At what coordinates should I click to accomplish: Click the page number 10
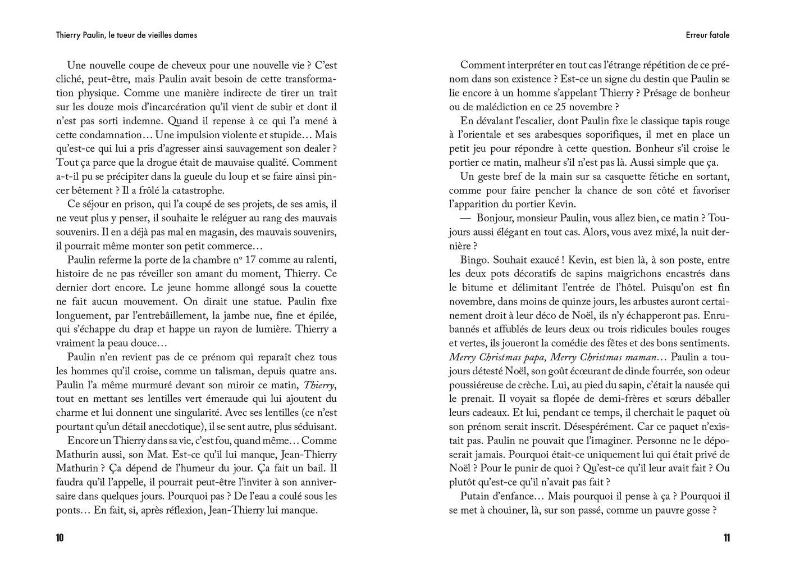click(60, 538)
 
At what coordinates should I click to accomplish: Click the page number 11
click(726, 538)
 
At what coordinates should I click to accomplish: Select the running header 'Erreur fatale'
click(707, 35)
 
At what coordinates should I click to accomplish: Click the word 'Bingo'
click(474, 260)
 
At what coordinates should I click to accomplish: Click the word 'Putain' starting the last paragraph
click(475, 496)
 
